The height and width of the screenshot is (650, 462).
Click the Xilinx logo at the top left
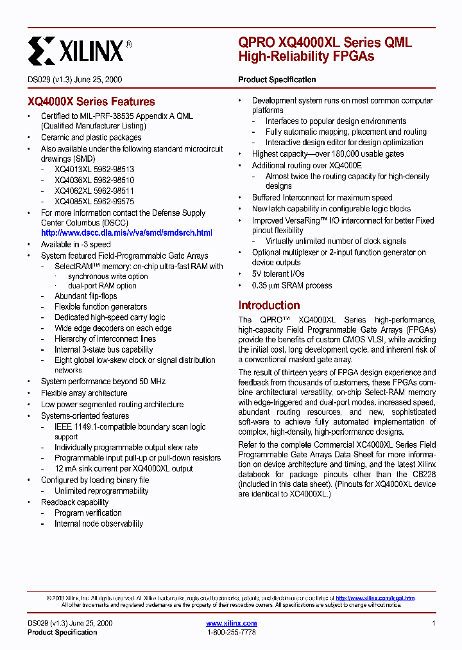tap(80, 49)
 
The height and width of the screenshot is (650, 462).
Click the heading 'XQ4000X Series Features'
tap(91, 101)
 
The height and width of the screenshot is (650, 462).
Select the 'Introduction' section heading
tap(269, 305)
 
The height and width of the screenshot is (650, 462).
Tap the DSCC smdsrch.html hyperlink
tap(126, 233)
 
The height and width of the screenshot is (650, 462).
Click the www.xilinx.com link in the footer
tap(231, 623)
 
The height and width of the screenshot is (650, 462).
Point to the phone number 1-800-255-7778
tap(231, 632)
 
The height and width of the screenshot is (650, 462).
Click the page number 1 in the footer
tap(434, 623)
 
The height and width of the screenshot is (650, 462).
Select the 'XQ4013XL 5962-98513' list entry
tap(94, 170)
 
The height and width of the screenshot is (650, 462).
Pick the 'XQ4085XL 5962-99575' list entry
tap(94, 201)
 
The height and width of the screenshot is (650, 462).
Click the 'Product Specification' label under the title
tap(277, 80)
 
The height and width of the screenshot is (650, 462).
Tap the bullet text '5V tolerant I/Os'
tap(278, 274)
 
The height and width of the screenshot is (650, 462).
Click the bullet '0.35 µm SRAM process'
tap(291, 285)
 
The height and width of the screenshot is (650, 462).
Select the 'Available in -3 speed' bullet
tap(76, 244)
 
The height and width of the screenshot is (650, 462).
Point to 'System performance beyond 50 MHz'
tap(103, 382)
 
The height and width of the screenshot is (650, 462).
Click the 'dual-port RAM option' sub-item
tap(102, 286)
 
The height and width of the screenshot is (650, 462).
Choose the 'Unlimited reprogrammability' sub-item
tap(101, 491)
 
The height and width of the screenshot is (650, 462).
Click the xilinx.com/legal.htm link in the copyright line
tap(375, 598)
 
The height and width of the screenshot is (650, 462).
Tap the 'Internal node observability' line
tap(99, 523)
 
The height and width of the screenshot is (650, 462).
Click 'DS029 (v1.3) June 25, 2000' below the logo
tap(75, 80)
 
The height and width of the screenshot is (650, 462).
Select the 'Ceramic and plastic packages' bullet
tap(91, 137)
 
